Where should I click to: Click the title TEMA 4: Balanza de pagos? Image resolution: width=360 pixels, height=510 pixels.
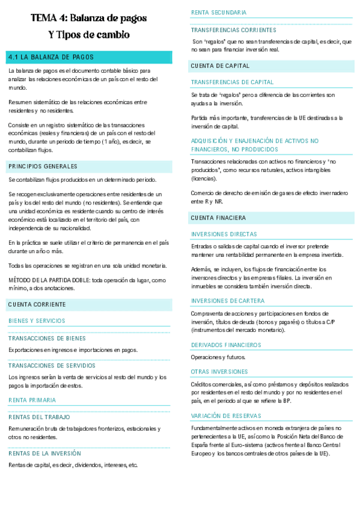(x=88, y=19)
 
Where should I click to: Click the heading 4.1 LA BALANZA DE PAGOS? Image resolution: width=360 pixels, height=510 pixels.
(x=51, y=57)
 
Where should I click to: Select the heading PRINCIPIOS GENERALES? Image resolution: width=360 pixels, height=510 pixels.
(x=43, y=166)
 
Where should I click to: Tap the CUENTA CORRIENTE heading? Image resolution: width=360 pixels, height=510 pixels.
(x=37, y=306)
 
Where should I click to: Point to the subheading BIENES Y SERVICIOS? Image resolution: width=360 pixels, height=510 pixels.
(x=37, y=321)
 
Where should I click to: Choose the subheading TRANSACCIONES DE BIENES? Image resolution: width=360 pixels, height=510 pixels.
(x=47, y=338)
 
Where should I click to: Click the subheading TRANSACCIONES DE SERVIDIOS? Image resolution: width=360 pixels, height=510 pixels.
(x=52, y=365)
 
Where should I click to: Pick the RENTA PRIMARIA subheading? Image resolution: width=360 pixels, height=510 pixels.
(x=32, y=400)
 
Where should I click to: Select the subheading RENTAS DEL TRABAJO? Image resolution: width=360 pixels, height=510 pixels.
(x=39, y=417)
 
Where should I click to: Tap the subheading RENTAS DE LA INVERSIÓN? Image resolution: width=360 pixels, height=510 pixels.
(x=44, y=453)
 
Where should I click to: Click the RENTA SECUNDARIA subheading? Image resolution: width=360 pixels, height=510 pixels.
(x=219, y=13)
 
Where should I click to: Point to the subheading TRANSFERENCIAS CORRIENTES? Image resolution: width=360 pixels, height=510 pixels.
(x=234, y=29)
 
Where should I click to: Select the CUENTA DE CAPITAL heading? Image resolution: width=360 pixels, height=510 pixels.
(x=220, y=66)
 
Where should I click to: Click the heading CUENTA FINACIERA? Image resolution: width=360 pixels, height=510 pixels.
(x=218, y=217)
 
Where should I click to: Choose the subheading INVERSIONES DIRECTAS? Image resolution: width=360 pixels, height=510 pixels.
(x=224, y=234)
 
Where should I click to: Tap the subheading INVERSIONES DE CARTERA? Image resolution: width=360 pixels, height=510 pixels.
(x=227, y=300)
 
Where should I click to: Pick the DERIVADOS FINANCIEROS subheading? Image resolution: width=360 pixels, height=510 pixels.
(x=226, y=345)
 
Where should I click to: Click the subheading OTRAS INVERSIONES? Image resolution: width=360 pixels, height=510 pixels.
(x=219, y=372)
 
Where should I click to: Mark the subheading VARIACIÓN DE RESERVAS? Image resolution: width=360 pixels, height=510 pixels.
(x=226, y=416)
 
